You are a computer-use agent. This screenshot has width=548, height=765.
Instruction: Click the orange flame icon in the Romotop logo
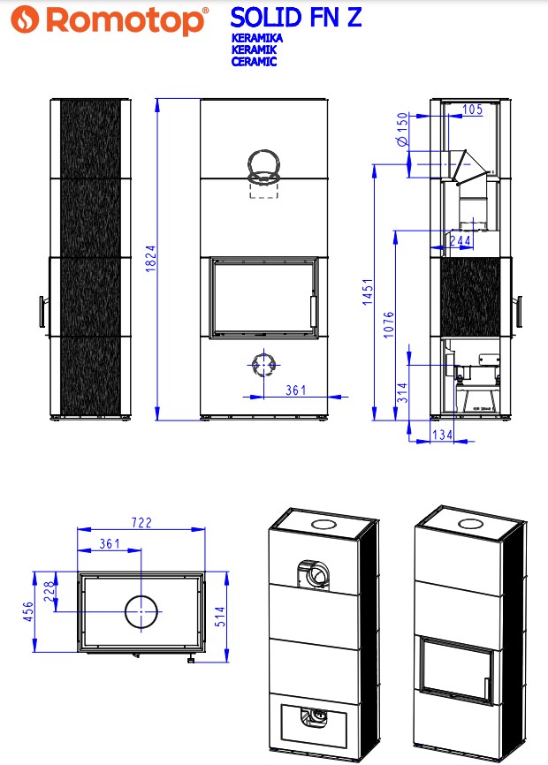25,19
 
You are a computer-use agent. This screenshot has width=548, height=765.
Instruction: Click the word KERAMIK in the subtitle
254,49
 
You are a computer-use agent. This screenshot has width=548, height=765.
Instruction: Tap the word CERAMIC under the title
254,62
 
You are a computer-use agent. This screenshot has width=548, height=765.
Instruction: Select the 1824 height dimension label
151,259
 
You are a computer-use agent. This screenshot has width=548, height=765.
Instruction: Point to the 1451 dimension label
368,292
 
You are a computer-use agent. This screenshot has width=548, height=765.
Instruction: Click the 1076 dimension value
388,324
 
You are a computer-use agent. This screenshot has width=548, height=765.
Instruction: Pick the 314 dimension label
402,393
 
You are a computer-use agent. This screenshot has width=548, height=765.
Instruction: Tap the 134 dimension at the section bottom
443,435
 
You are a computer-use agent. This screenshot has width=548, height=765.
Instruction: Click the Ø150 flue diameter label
402,129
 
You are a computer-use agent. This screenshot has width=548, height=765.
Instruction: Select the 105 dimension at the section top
472,110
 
